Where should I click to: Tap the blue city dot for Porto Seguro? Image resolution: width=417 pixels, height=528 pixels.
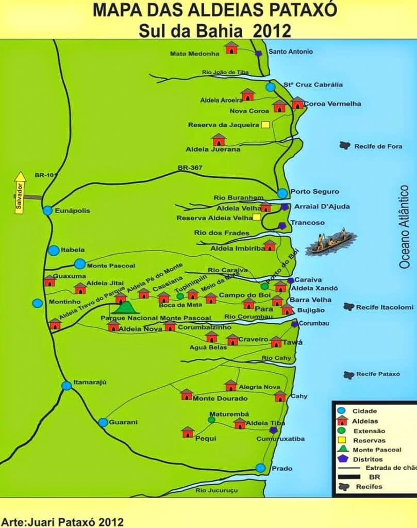282,193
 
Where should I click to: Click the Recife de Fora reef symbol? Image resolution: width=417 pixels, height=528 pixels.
345,146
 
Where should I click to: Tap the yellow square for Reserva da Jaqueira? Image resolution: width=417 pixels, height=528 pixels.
265,124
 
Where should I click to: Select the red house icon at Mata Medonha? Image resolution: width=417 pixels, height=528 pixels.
231,48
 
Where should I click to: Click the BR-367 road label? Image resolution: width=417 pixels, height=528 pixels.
190,168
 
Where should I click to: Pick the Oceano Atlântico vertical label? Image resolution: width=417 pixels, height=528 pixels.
405,227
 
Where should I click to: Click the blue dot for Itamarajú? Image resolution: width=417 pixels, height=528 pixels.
66,385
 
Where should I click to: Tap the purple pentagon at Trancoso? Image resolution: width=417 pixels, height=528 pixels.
282,225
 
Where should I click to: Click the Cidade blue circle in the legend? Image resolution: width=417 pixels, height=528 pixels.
341,411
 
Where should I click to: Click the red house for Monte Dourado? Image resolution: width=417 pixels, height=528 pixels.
187,395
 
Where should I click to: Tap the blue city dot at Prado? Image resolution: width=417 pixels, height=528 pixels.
261,468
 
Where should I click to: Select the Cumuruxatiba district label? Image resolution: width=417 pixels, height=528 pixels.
280,439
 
